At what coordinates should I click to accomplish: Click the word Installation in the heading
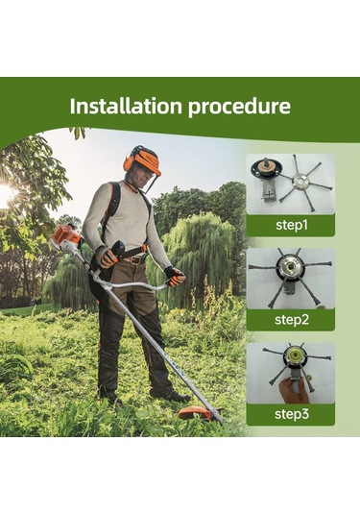pos(126,106)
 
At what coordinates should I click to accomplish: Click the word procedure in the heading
pos(239,108)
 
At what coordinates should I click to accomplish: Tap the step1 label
pos(292,225)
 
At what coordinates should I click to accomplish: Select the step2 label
pos(292,320)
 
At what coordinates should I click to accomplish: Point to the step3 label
pos(292,414)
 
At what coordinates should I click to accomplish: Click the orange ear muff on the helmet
pos(130,161)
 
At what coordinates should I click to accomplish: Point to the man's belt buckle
pos(135,260)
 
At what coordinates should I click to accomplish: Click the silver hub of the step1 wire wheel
pos(301,181)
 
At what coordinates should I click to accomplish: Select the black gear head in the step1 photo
pos(265,167)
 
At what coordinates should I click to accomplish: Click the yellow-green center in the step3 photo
pos(291,355)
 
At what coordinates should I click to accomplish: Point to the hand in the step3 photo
pos(293,389)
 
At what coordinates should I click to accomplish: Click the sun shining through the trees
pos(7,193)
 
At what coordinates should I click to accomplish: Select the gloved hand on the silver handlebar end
pos(175,276)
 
